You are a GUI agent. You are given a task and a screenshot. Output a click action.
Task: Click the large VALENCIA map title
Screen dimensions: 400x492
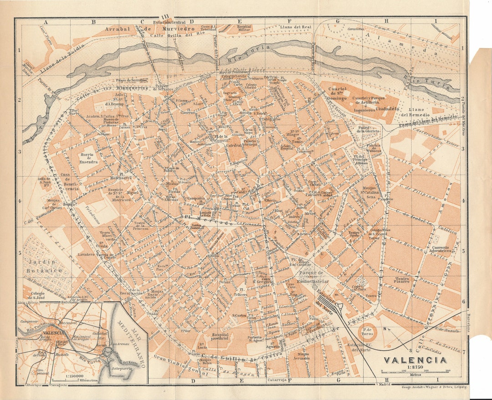pyautogui.click(x=415, y=359)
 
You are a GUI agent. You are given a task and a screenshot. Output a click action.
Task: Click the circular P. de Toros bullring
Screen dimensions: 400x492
pyautogui.click(x=367, y=331)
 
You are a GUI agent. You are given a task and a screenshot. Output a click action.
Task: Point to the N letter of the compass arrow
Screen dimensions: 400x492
pyautogui.click(x=385, y=328)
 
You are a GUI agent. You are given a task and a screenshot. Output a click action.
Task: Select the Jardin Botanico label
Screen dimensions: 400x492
pyautogui.click(x=44, y=267)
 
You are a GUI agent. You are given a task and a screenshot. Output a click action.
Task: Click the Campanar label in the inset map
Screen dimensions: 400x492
pyautogui.click(x=28, y=321)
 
